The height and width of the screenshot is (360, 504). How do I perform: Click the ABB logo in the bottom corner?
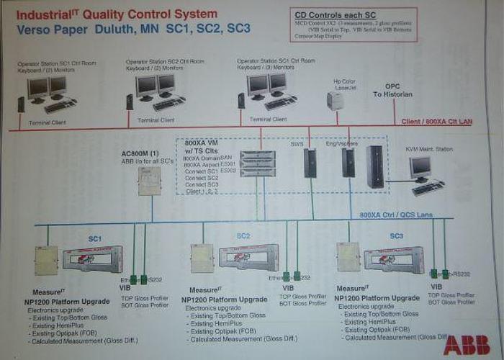(466, 344)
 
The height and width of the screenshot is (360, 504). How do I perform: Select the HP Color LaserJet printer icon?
(336, 99)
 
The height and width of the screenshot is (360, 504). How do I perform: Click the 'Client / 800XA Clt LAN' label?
(436, 122)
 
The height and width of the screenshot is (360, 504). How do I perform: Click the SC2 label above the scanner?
(243, 236)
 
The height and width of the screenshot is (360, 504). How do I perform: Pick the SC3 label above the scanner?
(396, 236)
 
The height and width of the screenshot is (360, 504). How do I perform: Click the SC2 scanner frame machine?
(247, 257)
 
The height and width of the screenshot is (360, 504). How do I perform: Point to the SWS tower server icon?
(310, 163)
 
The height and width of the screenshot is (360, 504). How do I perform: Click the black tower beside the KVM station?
(374, 167)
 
